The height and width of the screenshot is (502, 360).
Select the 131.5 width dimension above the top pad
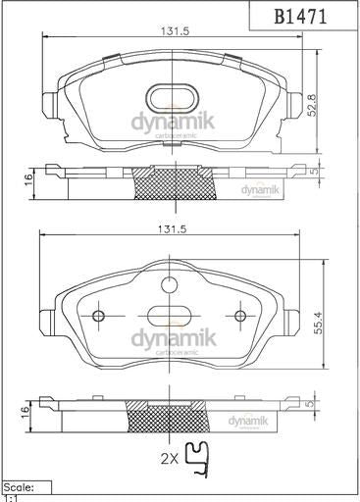click(175, 31)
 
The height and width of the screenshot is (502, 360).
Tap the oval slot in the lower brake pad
click(169, 316)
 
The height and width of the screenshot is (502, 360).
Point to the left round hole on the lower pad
click(97, 316)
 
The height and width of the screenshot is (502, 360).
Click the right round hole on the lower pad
click(240, 316)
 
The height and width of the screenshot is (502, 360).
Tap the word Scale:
click(21, 486)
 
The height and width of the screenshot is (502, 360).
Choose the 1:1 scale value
click(11, 497)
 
